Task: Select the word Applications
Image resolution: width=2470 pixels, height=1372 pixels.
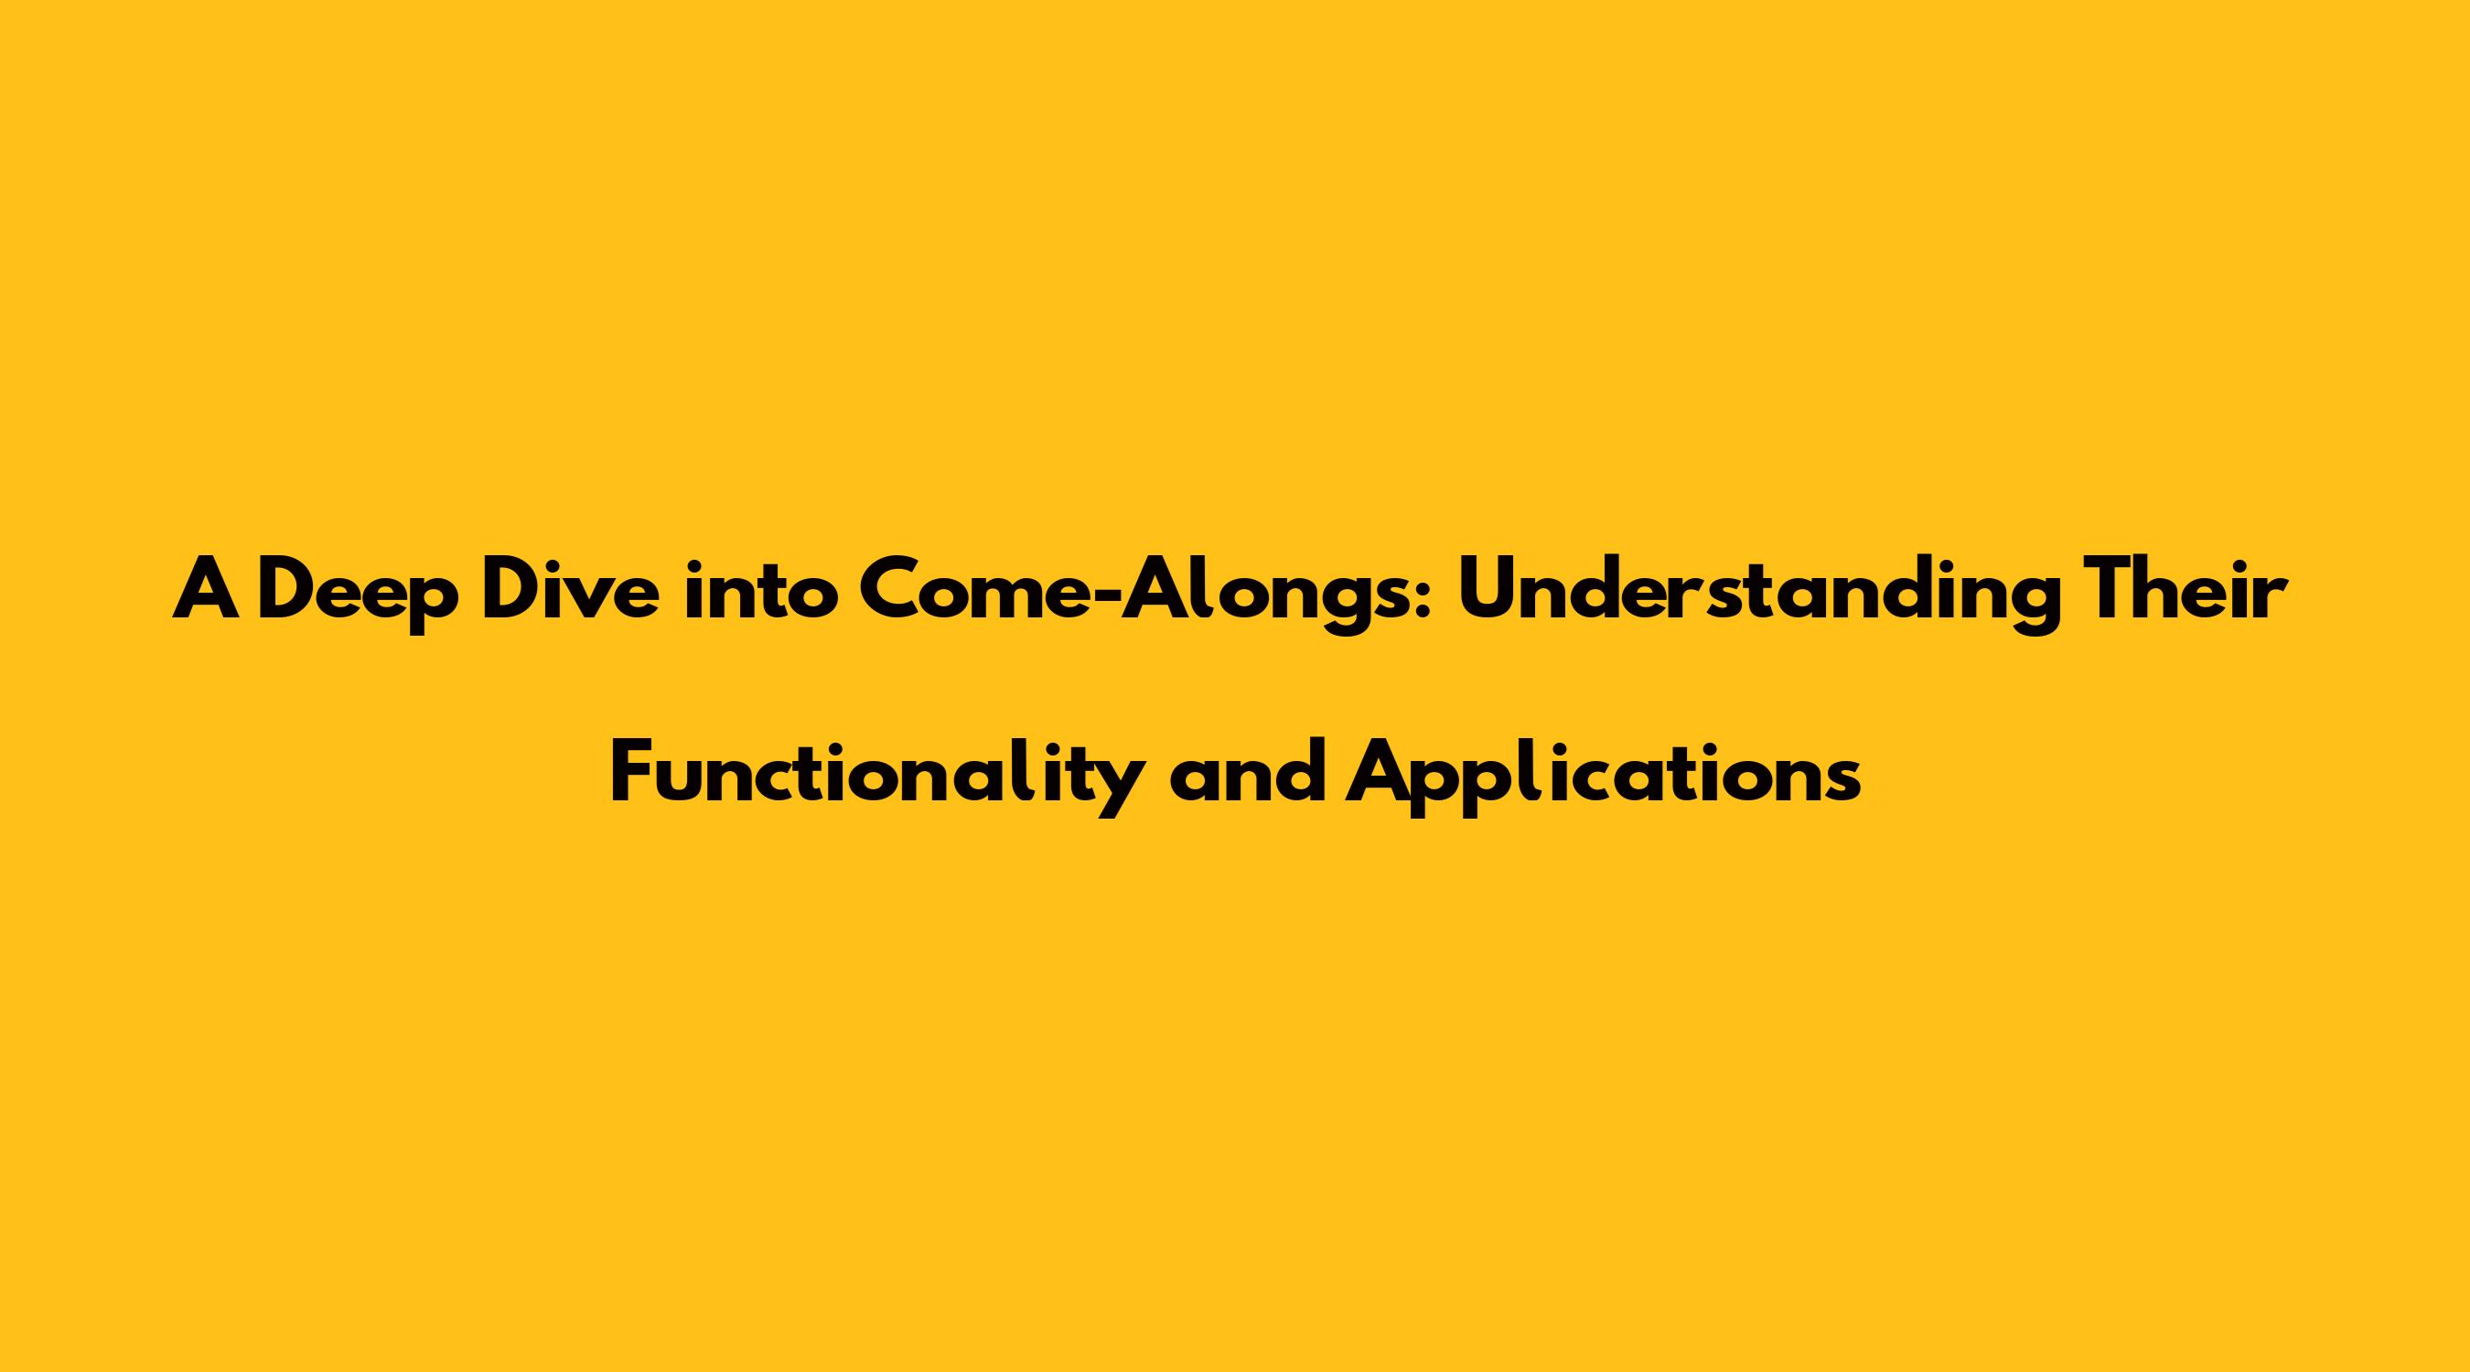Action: click(x=1603, y=776)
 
